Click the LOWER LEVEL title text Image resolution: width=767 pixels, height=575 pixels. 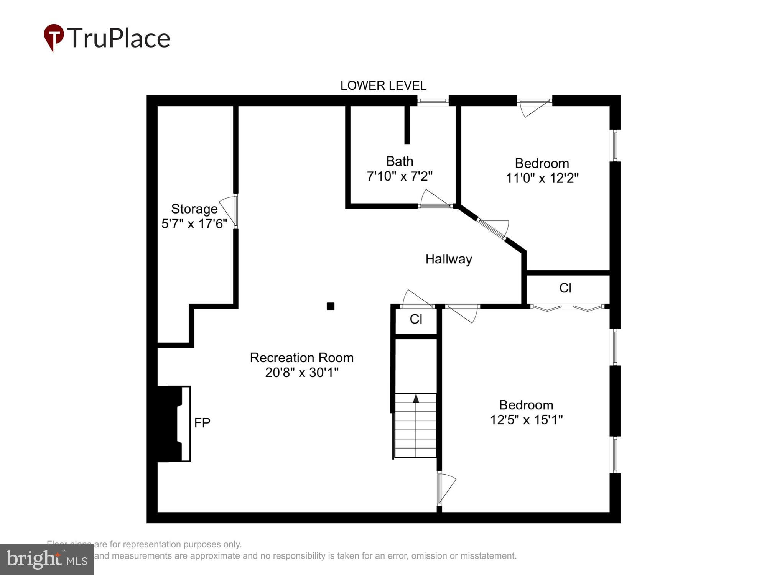[383, 85]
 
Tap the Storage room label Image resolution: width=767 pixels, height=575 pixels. [194, 209]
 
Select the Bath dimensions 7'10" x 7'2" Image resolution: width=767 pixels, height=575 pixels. [400, 176]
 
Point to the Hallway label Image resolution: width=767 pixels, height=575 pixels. [449, 259]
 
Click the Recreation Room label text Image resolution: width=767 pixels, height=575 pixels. [302, 358]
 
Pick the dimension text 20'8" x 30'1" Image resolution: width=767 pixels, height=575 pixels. [302, 372]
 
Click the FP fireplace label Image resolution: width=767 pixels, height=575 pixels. [202, 422]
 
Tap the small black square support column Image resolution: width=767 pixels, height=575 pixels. [331, 306]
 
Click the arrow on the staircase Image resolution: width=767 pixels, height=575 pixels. [416, 399]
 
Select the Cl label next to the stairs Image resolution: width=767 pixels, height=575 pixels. [416, 319]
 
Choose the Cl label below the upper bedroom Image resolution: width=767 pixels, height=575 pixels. [565, 288]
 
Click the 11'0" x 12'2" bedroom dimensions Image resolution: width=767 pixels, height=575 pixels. [542, 178]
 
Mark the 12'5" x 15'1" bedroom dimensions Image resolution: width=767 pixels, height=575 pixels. [526, 420]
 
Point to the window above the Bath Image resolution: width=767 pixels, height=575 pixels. [433, 101]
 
